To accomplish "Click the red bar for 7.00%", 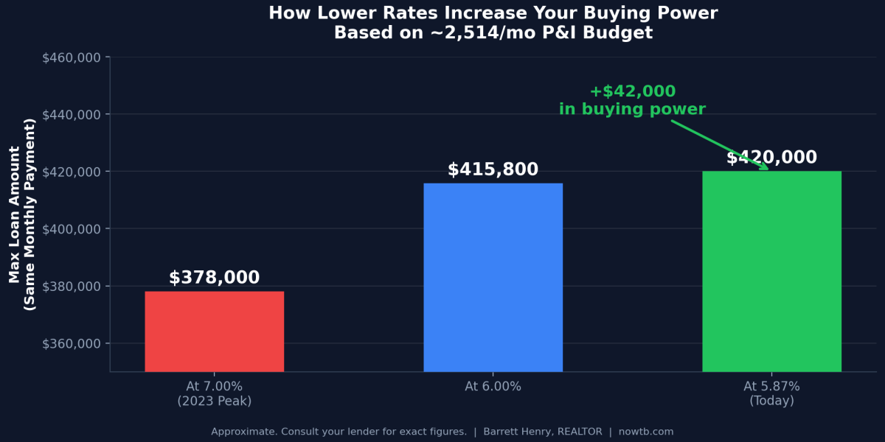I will click(x=214, y=331).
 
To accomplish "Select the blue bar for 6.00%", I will click(x=493, y=277).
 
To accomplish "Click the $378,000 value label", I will click(x=214, y=278).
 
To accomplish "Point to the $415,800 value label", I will click(x=493, y=169).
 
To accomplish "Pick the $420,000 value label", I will click(x=771, y=158).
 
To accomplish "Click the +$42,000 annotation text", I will click(x=632, y=92).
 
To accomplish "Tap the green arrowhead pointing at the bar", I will click(x=763, y=167).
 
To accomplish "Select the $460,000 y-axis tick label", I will click(x=72, y=57).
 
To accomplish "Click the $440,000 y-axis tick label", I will click(x=72, y=114).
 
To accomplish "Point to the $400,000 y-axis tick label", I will click(x=72, y=229).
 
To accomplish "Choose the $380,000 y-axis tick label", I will click(x=72, y=287).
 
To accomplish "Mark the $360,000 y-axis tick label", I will click(x=72, y=344).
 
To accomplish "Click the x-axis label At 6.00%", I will click(x=493, y=387).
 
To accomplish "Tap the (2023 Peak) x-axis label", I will click(x=214, y=401).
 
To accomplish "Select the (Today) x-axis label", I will click(x=771, y=401).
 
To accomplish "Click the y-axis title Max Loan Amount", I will click(x=15, y=214).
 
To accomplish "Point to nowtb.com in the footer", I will click(x=647, y=432).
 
